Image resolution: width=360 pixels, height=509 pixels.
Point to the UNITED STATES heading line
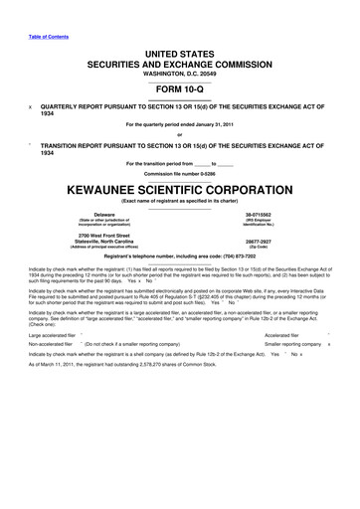[x=180, y=51]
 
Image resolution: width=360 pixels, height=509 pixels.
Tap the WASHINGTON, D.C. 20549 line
[x=180, y=73]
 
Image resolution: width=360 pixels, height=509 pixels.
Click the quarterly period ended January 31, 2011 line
[x=180, y=125]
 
